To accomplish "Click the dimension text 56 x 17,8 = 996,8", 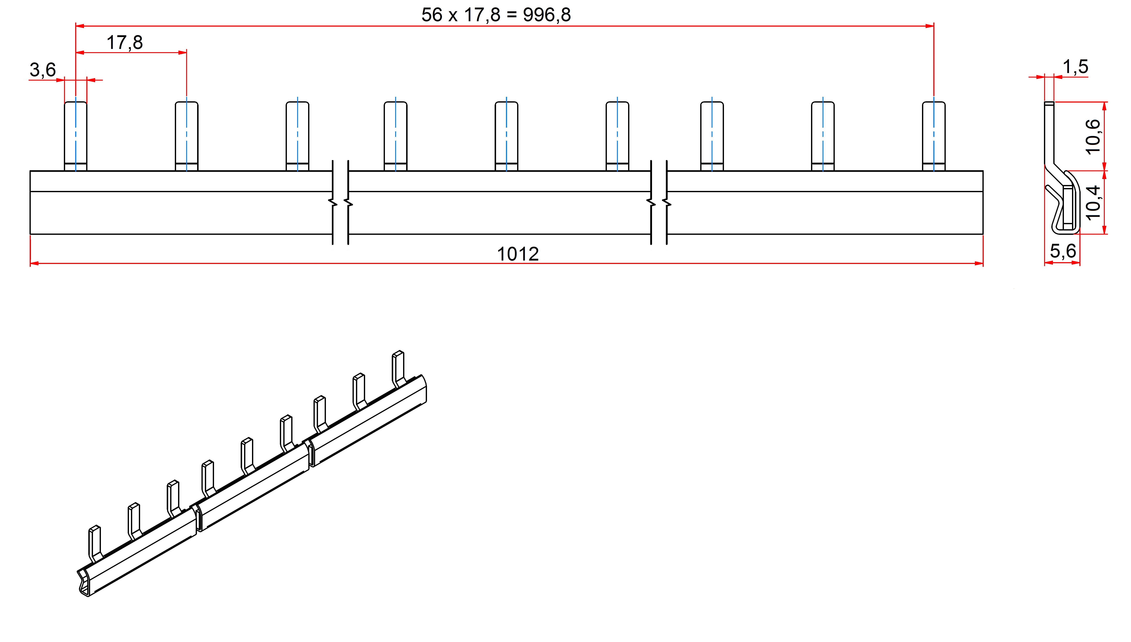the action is pyautogui.click(x=496, y=15).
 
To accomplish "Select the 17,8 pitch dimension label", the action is pyautogui.click(x=125, y=43).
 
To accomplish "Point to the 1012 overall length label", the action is pyautogui.click(x=518, y=254).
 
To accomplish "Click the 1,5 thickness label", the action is pyautogui.click(x=1075, y=67).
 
